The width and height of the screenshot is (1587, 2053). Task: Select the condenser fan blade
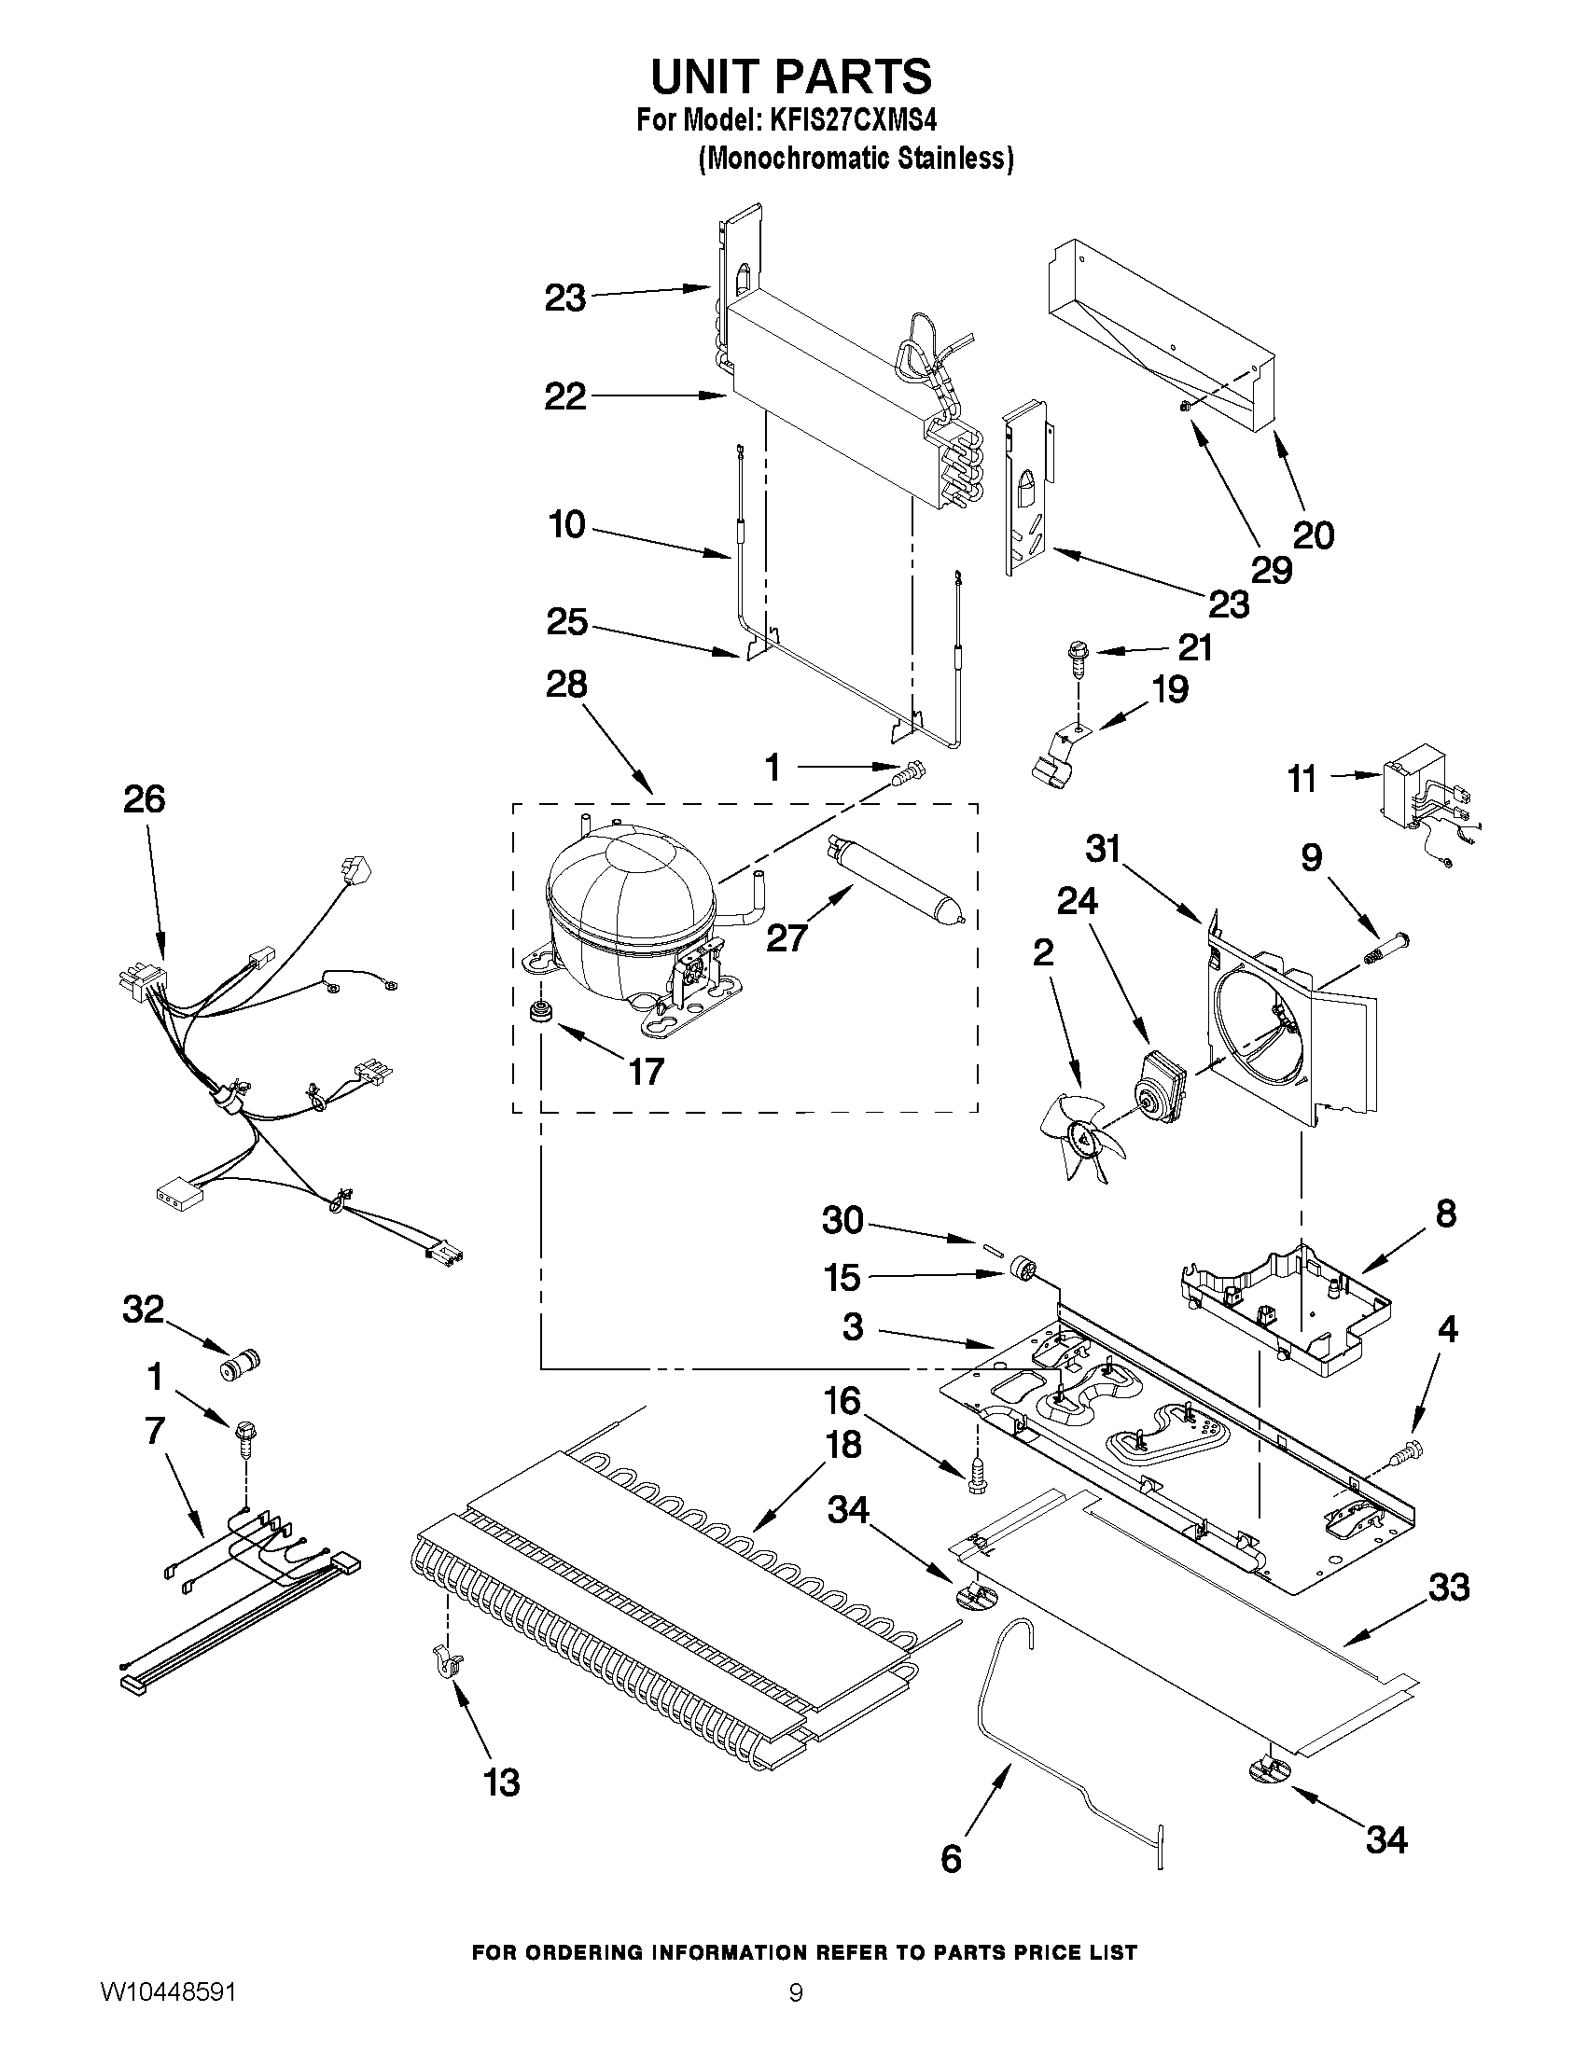coord(1078,1136)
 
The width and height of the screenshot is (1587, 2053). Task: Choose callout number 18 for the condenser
coord(843,1445)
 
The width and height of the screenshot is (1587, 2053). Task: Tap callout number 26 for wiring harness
coord(144,799)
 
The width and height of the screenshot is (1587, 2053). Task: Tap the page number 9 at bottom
coord(796,2016)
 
